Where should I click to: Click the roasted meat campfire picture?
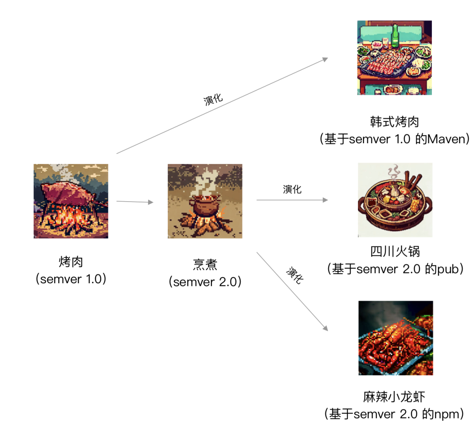click(x=71, y=201)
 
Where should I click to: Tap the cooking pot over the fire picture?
click(x=205, y=201)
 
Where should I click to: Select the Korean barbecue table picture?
click(x=395, y=58)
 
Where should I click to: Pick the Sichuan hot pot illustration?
click(x=395, y=200)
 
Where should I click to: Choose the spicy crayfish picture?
click(x=396, y=338)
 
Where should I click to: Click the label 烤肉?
click(x=71, y=262)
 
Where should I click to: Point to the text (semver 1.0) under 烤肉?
click(x=71, y=279)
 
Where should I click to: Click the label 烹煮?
click(x=205, y=264)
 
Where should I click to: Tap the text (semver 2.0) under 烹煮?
click(x=205, y=282)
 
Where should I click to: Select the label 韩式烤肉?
click(x=394, y=121)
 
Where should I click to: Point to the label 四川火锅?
click(x=395, y=251)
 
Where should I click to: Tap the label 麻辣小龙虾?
click(x=394, y=397)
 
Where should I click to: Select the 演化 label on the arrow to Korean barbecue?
click(x=213, y=99)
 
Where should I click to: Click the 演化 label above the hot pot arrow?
click(x=292, y=189)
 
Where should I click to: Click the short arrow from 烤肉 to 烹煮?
click(x=135, y=202)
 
